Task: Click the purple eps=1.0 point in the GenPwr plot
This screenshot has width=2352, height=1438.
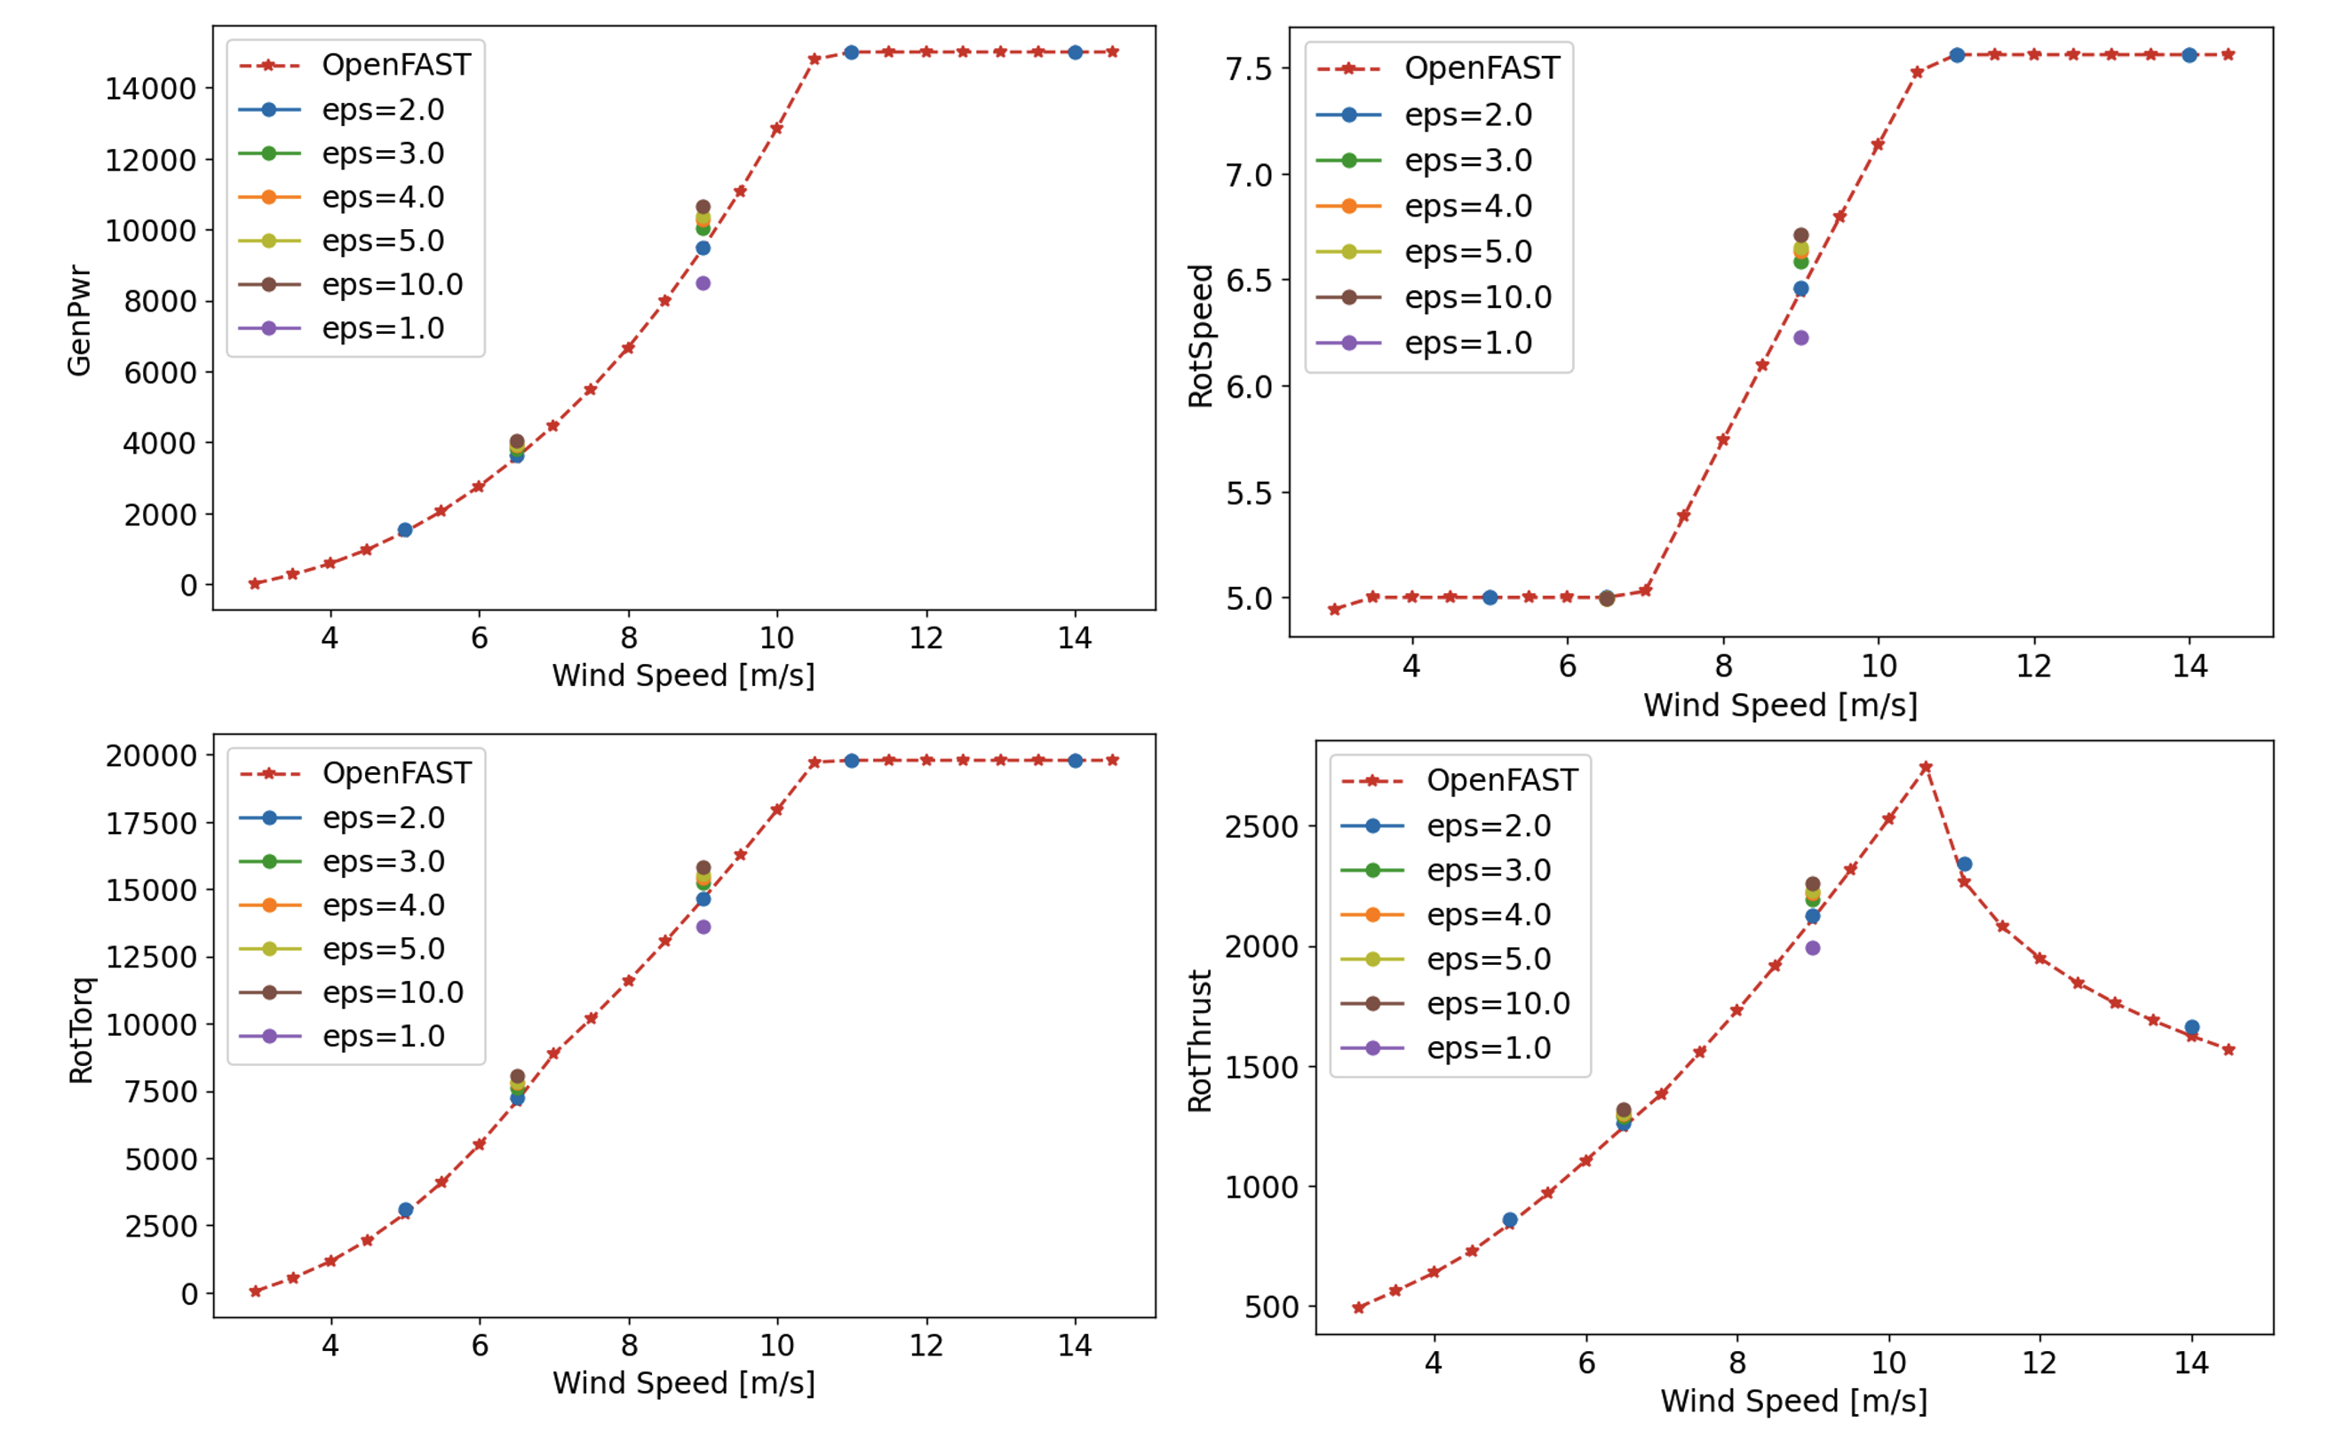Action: [703, 283]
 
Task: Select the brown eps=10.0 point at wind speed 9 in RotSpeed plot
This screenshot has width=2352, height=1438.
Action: [1800, 234]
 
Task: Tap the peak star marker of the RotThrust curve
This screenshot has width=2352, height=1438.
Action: [1926, 767]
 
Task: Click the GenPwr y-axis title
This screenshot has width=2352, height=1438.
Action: [79, 320]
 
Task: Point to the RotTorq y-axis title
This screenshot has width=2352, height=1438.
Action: [81, 1031]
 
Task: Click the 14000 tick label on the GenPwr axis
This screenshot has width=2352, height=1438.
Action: [150, 89]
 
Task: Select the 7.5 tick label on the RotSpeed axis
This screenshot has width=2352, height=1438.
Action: [1249, 68]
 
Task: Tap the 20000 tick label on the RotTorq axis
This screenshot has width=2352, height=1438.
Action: [151, 755]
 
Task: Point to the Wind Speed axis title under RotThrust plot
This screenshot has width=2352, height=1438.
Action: [1793, 1401]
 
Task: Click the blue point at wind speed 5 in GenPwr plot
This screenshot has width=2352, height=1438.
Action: [405, 530]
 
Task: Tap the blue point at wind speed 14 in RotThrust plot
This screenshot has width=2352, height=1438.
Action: [2191, 1028]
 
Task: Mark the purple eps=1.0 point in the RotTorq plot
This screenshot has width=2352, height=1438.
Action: [703, 927]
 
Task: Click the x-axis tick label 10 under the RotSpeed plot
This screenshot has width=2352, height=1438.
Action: [1879, 666]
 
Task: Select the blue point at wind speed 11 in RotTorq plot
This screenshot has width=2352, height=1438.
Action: [852, 761]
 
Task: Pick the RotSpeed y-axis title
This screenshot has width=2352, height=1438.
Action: [1200, 336]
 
